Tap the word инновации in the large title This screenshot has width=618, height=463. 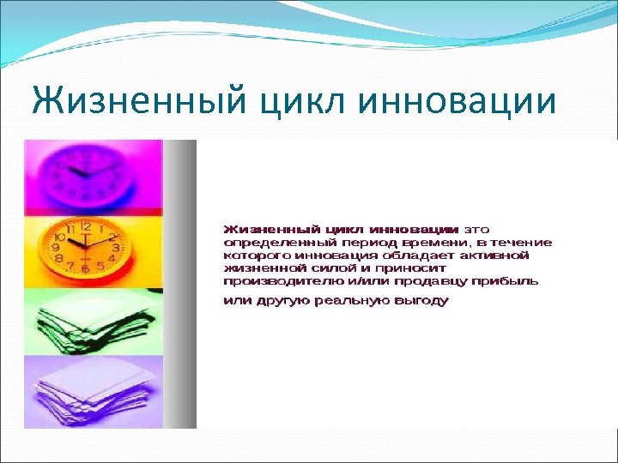pos(456,101)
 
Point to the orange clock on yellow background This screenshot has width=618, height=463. pos(87,249)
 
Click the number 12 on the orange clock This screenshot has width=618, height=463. pos(86,226)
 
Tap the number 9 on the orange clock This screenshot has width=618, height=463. pos(58,246)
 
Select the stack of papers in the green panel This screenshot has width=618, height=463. pos(86,321)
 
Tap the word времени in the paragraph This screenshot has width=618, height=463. pos(411,243)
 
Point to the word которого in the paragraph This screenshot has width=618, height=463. pos(256,256)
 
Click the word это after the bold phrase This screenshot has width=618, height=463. pos(477,230)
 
